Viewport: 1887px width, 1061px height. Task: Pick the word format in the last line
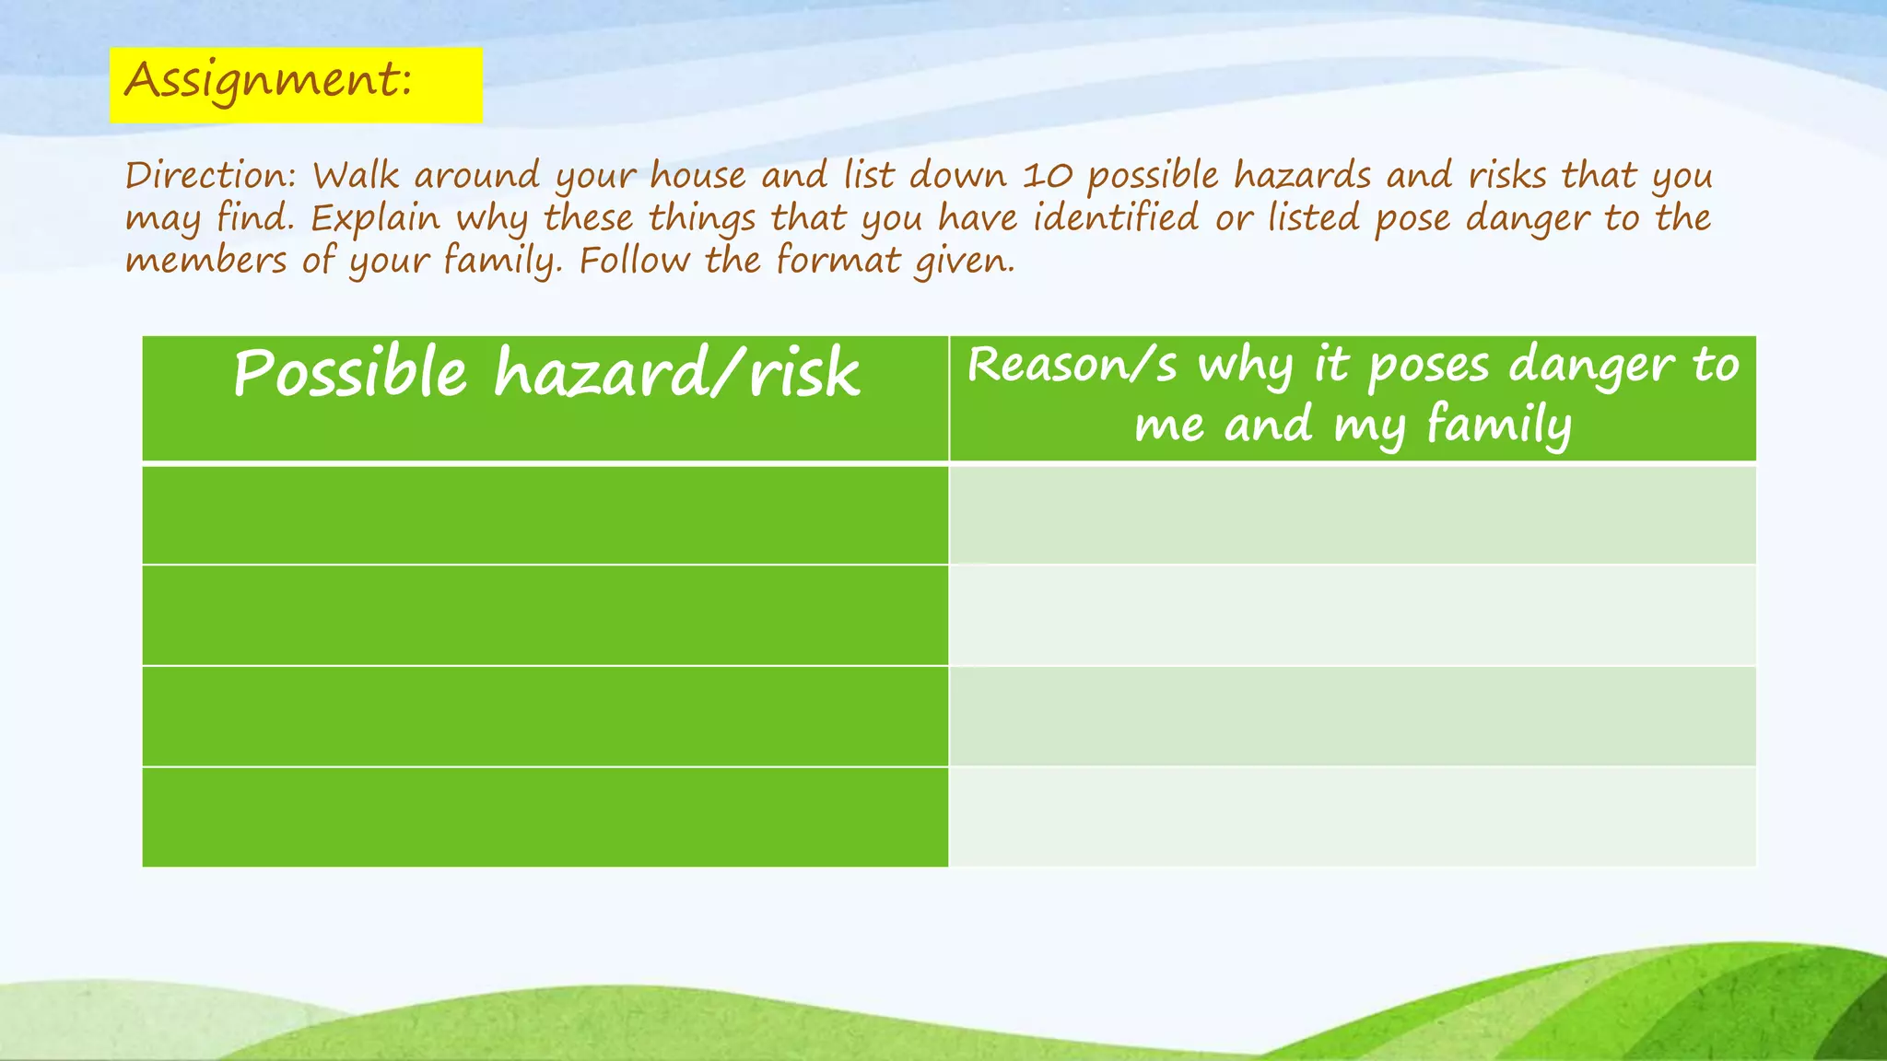(x=838, y=260)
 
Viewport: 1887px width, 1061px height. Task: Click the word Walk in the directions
(x=356, y=175)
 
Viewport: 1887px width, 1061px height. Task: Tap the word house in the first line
(x=697, y=175)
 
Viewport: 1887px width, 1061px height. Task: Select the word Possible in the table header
(x=350, y=373)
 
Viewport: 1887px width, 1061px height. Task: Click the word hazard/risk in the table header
(x=677, y=373)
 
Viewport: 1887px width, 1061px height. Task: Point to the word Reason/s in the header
(x=1072, y=365)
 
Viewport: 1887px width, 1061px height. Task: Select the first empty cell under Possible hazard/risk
(x=545, y=515)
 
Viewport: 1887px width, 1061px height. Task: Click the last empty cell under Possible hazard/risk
(x=545, y=817)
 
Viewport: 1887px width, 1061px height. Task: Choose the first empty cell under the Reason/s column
(x=1352, y=515)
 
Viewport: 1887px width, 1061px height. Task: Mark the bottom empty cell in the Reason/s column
(x=1352, y=817)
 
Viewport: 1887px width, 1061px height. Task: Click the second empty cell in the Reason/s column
(x=1352, y=615)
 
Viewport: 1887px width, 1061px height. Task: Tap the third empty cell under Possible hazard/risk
(x=545, y=716)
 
